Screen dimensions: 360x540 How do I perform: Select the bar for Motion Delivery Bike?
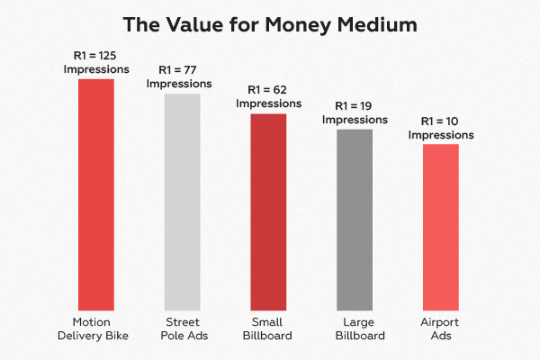point(95,193)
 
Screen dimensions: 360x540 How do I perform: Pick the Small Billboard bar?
point(268,211)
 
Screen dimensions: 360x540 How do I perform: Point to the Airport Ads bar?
point(441,226)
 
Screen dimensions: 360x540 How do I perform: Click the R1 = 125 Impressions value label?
point(96,61)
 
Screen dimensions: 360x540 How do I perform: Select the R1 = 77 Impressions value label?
point(182,76)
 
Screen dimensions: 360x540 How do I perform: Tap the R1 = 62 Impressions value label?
point(268,96)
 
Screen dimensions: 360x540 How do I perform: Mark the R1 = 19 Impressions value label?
point(355,112)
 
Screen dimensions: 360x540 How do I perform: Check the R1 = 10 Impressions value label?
point(441,128)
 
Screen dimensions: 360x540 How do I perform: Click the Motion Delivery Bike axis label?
point(95,328)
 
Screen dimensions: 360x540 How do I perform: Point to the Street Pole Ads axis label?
point(182,328)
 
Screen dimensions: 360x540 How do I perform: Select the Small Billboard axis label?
point(268,328)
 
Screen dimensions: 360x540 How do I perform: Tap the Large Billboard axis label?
point(355,328)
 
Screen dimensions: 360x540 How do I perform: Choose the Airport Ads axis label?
point(441,328)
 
